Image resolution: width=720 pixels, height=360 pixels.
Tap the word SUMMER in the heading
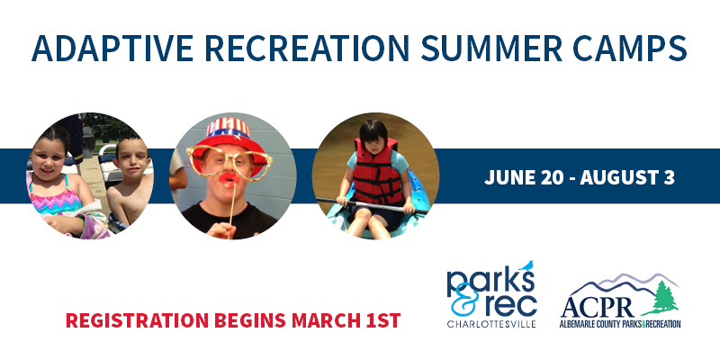coord(491,49)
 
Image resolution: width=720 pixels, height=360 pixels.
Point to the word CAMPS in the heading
coord(630,49)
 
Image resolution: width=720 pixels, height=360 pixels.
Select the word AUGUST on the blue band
coord(616,177)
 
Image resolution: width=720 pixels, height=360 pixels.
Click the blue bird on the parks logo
coord(526,265)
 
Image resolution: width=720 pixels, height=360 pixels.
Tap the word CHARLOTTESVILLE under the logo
coord(491,324)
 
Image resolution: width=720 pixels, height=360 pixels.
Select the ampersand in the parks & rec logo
coord(461,300)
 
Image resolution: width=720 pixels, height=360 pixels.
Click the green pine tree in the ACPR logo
coord(665,299)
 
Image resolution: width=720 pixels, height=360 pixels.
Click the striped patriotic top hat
coord(228,140)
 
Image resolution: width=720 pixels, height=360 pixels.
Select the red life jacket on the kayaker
coord(376,173)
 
